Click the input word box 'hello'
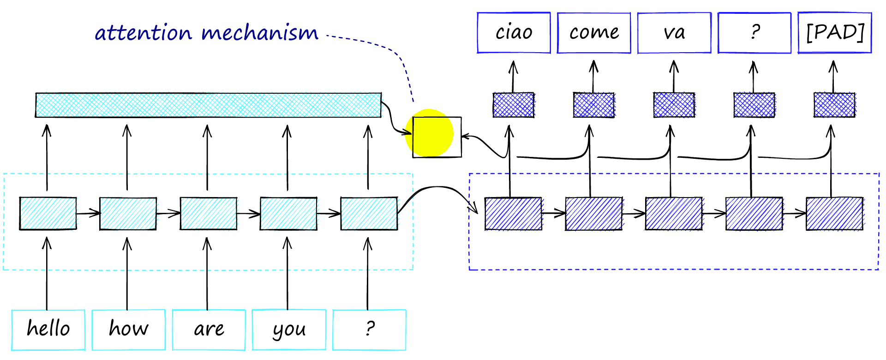(x=48, y=330)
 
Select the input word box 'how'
(x=128, y=330)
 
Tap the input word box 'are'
(x=209, y=330)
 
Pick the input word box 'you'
(x=289, y=330)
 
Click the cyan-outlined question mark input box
(x=369, y=330)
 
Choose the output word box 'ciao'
(x=514, y=33)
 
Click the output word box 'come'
(x=594, y=33)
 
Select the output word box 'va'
(x=674, y=33)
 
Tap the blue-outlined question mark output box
(x=754, y=33)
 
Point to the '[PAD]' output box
(x=835, y=33)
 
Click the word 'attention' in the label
(x=143, y=33)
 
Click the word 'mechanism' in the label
(x=260, y=33)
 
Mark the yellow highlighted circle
(x=429, y=133)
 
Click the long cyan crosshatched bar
(x=208, y=105)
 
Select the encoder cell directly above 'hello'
(x=48, y=213)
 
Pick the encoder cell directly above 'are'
(x=209, y=213)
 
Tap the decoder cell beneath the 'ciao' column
(x=513, y=214)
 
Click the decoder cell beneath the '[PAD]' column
(x=834, y=214)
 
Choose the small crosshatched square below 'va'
(x=674, y=105)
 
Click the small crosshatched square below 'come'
(x=593, y=105)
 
